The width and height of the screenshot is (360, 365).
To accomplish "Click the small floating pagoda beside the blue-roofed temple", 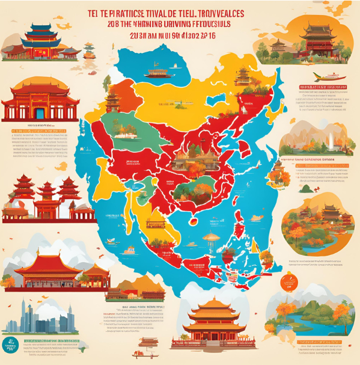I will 89,51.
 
